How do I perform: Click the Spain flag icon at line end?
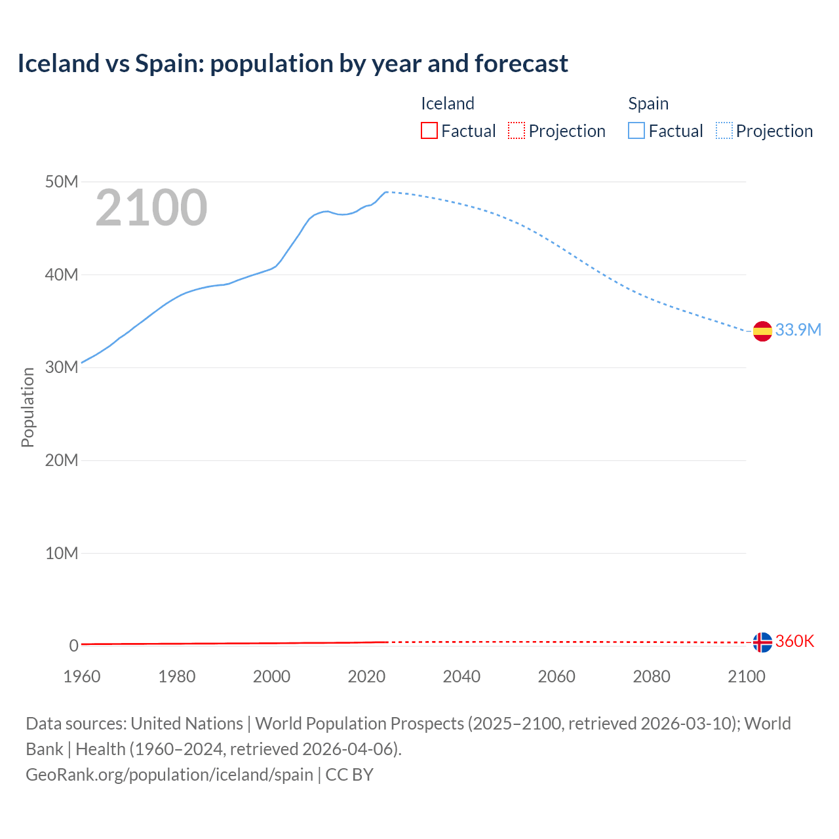(762, 332)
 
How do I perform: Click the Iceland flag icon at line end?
(762, 642)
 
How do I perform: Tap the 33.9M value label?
(798, 330)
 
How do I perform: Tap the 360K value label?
(794, 641)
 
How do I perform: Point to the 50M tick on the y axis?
(62, 182)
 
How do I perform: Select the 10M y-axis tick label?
(62, 553)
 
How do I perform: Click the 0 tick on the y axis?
(73, 646)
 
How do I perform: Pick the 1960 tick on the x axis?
(82, 676)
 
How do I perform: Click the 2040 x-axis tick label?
(461, 676)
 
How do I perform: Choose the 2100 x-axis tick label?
(746, 676)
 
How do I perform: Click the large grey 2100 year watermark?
(151, 208)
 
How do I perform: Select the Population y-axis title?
(28, 407)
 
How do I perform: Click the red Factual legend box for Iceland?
(429, 131)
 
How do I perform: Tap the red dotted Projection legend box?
(517, 131)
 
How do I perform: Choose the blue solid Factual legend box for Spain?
(636, 131)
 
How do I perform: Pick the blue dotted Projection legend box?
(724, 131)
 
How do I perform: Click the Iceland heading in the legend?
(447, 104)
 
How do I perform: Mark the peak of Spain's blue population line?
(386, 192)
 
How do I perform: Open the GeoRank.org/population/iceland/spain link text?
(169, 774)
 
